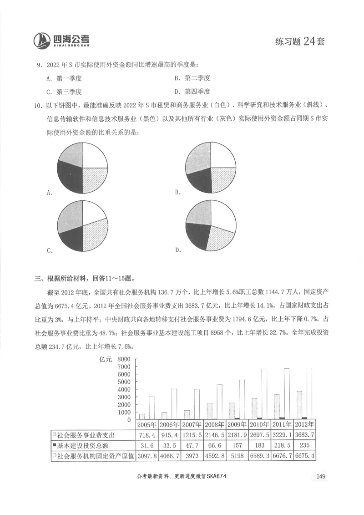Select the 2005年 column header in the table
tap(147, 425)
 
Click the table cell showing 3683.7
tap(305, 435)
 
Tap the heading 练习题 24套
tap(300, 41)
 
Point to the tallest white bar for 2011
tap(287, 393)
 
